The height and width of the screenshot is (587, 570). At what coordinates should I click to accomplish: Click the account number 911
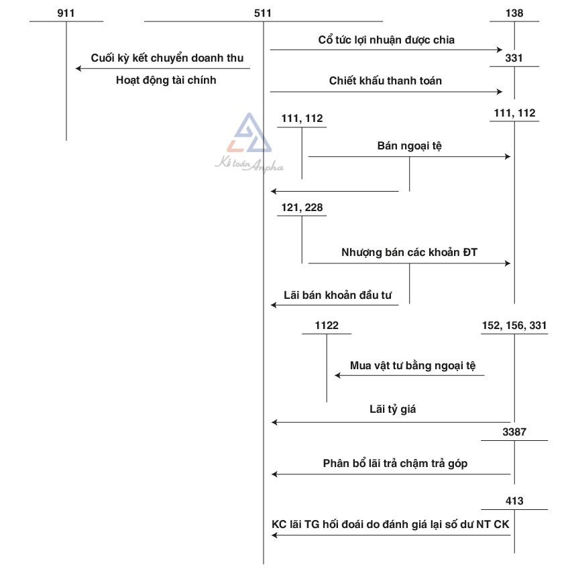[66, 13]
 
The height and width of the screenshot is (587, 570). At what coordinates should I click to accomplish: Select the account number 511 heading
[264, 13]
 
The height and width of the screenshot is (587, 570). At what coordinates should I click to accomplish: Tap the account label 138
[514, 13]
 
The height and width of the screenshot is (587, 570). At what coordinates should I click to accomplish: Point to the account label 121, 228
[302, 208]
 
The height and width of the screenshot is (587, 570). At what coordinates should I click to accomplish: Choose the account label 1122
[327, 326]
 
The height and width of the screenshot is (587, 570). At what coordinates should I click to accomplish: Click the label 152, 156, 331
[514, 326]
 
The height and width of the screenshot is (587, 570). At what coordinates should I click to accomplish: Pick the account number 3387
[514, 432]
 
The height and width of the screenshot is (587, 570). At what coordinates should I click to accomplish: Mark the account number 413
[514, 501]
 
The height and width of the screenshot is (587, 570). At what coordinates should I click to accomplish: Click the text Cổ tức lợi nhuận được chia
[386, 40]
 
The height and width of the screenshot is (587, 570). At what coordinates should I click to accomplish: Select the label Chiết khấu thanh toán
[386, 81]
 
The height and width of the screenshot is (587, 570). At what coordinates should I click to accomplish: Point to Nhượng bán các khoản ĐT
[409, 253]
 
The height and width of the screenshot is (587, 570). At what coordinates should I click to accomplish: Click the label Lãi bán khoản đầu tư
[338, 294]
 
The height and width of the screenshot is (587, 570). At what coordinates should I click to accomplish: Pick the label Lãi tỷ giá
[392, 409]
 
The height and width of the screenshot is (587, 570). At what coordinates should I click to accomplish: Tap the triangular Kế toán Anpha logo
[249, 134]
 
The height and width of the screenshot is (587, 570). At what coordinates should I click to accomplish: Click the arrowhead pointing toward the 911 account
[79, 68]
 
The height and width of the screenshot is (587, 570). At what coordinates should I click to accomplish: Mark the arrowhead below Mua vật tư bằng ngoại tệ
[338, 375]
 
